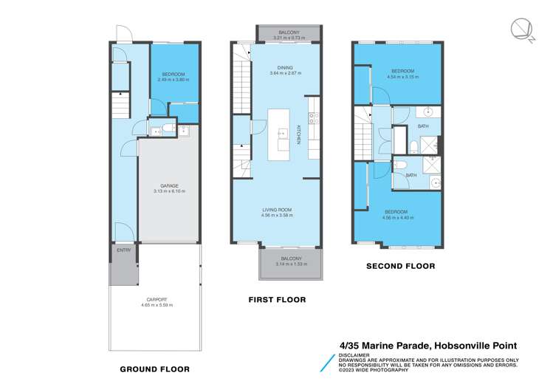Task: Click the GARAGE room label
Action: pos(170,185)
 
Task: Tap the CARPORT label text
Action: pos(155,299)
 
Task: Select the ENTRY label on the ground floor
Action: pos(123,250)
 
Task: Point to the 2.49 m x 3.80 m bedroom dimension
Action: pos(174,80)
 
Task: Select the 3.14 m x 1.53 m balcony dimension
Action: pos(289,264)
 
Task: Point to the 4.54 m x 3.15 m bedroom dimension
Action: pos(402,76)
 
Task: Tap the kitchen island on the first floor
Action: pos(281,136)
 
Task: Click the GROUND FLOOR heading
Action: pos(155,369)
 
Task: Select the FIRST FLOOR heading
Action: pos(277,300)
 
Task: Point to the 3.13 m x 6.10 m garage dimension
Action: pos(170,191)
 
